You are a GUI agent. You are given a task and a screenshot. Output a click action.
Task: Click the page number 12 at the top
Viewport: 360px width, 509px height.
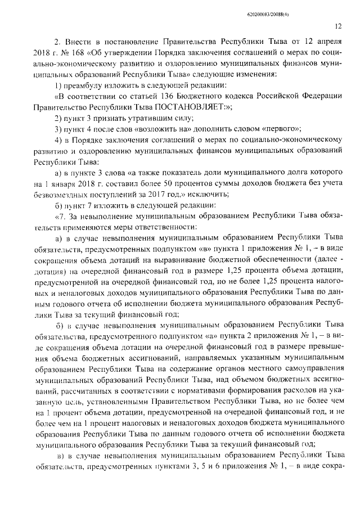pyautogui.click(x=337, y=25)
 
